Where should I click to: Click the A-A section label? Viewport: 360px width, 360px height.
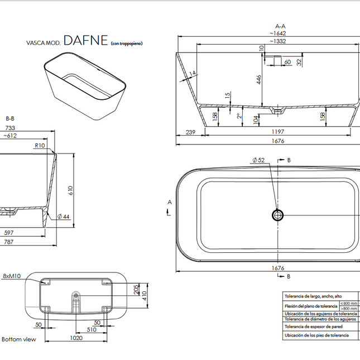pyautogui.click(x=280, y=26)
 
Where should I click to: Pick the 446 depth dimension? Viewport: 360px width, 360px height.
pyautogui.click(x=259, y=80)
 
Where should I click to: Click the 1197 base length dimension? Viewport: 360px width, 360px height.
pyautogui.click(x=277, y=132)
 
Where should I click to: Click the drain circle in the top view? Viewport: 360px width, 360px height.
pyautogui.click(x=277, y=214)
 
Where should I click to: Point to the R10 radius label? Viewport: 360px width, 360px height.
pyautogui.click(x=40, y=145)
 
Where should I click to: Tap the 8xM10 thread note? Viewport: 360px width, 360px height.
pyautogui.click(x=12, y=276)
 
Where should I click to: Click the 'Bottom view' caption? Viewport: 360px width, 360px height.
pyautogui.click(x=19, y=339)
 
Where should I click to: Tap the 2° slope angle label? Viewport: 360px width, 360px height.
pyautogui.click(x=238, y=116)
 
